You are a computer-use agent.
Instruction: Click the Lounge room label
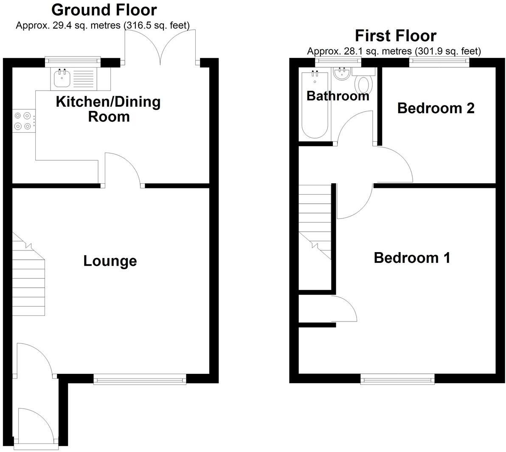110,261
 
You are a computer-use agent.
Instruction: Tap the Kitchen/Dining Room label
108,109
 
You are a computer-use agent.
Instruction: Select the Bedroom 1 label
412,258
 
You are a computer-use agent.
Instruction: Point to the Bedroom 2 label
436,108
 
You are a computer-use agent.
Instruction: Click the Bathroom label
337,96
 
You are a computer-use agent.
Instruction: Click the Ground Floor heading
104,9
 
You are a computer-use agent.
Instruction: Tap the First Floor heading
395,35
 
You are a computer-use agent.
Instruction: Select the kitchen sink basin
62,78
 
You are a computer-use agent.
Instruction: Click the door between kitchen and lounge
123,170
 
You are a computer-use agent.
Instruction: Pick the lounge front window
140,379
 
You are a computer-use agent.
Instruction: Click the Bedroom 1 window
397,379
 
